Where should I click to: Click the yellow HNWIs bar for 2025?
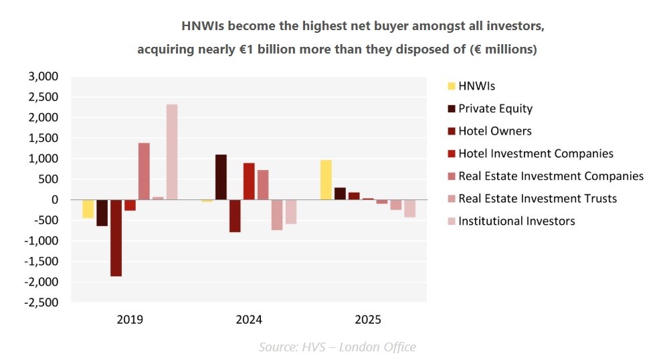(326, 180)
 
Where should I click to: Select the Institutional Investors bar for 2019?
(172, 152)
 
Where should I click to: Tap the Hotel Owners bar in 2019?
(116, 238)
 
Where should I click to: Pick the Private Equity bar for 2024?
(221, 177)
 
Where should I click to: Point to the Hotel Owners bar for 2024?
(235, 215)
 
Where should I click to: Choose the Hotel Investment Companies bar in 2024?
(249, 181)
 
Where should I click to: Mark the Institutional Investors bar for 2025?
(409, 208)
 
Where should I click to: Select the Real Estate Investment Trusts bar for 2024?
(277, 215)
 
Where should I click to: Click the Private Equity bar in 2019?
(102, 213)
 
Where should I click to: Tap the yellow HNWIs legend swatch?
(452, 86)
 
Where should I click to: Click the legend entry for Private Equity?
(495, 108)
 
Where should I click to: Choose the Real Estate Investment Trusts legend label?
(537, 198)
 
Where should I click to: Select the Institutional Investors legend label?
(516, 221)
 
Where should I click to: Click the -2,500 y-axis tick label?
(42, 302)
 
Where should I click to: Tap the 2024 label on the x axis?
(249, 320)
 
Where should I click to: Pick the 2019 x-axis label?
(130, 320)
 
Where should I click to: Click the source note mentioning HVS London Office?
(337, 347)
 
